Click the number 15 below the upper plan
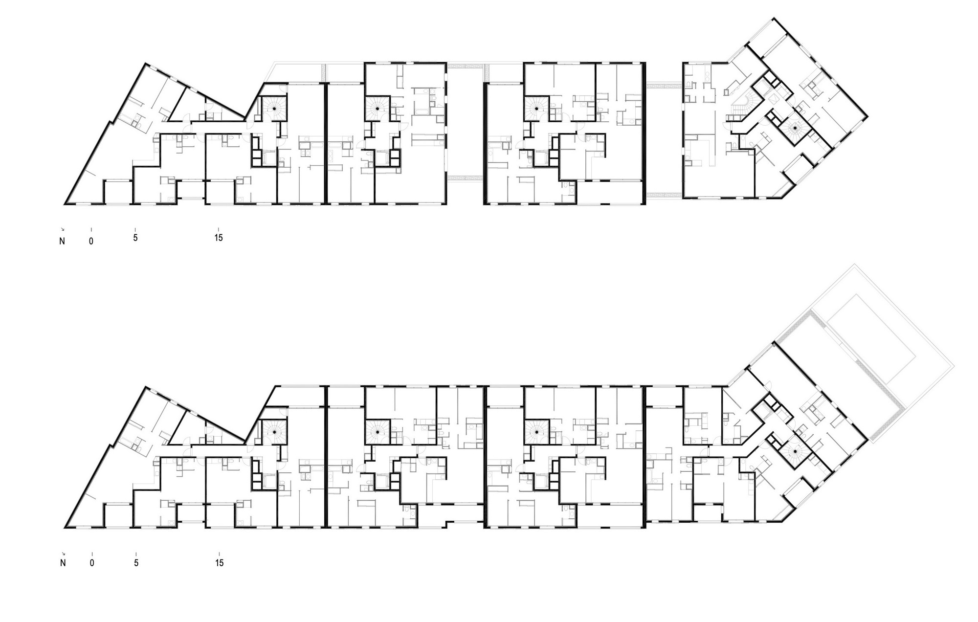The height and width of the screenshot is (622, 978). [219, 238]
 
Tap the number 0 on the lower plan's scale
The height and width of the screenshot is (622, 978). [91, 241]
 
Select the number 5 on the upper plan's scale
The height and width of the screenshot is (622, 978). [135, 239]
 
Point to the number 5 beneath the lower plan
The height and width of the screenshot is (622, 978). [136, 563]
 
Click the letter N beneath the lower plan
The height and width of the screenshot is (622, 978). [63, 563]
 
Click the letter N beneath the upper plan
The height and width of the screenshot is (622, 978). [62, 242]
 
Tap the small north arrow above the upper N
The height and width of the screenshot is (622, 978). [62, 229]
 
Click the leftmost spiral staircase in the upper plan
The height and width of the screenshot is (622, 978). [274, 108]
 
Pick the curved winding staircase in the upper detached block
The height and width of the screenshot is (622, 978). [742, 107]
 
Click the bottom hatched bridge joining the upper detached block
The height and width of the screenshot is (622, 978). [664, 195]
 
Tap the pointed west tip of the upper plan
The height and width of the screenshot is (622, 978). [66, 202]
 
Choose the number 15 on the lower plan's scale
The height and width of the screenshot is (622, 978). [220, 563]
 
